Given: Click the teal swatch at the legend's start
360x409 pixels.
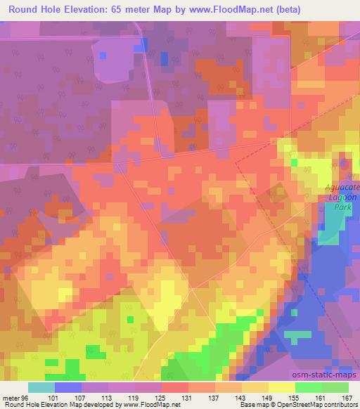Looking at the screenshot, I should tap(41, 387).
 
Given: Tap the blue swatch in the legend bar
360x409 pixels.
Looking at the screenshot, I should tap(67, 387).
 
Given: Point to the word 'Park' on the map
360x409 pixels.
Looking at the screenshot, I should tap(341, 208).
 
